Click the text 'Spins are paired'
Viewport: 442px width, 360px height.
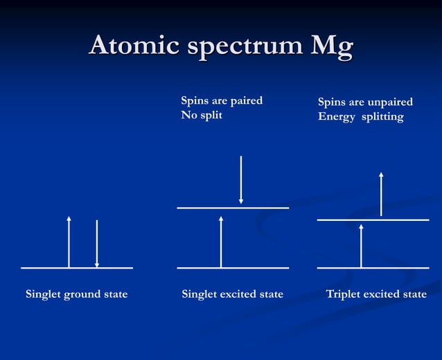[222, 101]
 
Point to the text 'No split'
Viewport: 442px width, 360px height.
[202, 116]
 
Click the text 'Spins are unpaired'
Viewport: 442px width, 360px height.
[365, 102]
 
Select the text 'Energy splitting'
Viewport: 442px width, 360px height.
[360, 116]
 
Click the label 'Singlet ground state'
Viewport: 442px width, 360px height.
[77, 294]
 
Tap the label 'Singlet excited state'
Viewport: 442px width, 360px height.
[232, 294]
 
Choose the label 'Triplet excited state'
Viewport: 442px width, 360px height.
[376, 294]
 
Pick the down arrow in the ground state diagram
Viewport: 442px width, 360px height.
[97, 244]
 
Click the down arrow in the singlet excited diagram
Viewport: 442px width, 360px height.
[241, 179]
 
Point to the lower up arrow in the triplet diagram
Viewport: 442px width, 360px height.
[361, 245]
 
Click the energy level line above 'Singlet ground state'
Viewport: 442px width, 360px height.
[42, 267]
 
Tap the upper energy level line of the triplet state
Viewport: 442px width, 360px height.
[409, 220]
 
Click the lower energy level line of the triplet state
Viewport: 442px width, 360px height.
[409, 267]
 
